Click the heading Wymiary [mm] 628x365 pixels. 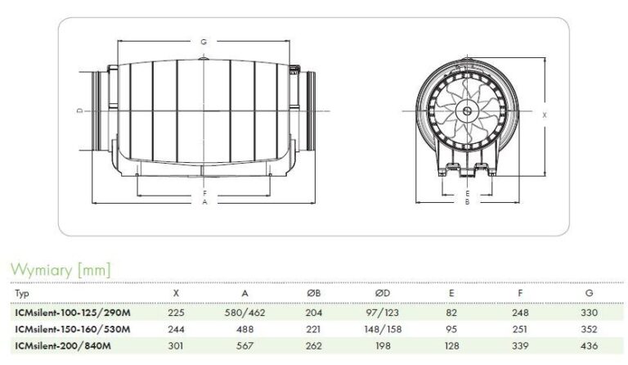[x=61, y=269]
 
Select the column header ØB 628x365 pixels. [x=314, y=293]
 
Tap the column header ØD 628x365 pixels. [x=383, y=293]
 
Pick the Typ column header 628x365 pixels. [x=22, y=294]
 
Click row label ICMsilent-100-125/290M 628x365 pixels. [x=73, y=313]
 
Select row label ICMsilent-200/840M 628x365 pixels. [x=63, y=346]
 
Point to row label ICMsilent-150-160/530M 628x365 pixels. [x=73, y=329]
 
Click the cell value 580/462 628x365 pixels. [x=244, y=313]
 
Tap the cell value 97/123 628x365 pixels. [x=383, y=313]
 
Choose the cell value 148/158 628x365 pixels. [x=383, y=329]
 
